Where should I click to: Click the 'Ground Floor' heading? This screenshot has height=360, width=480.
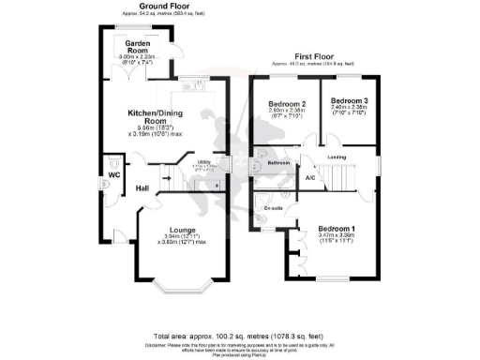coord(159,6)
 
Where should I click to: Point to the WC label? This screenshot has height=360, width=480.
coord(113,175)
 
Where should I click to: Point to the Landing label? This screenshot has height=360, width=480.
coord(337,157)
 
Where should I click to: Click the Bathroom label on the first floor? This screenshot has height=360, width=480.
coord(278,162)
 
